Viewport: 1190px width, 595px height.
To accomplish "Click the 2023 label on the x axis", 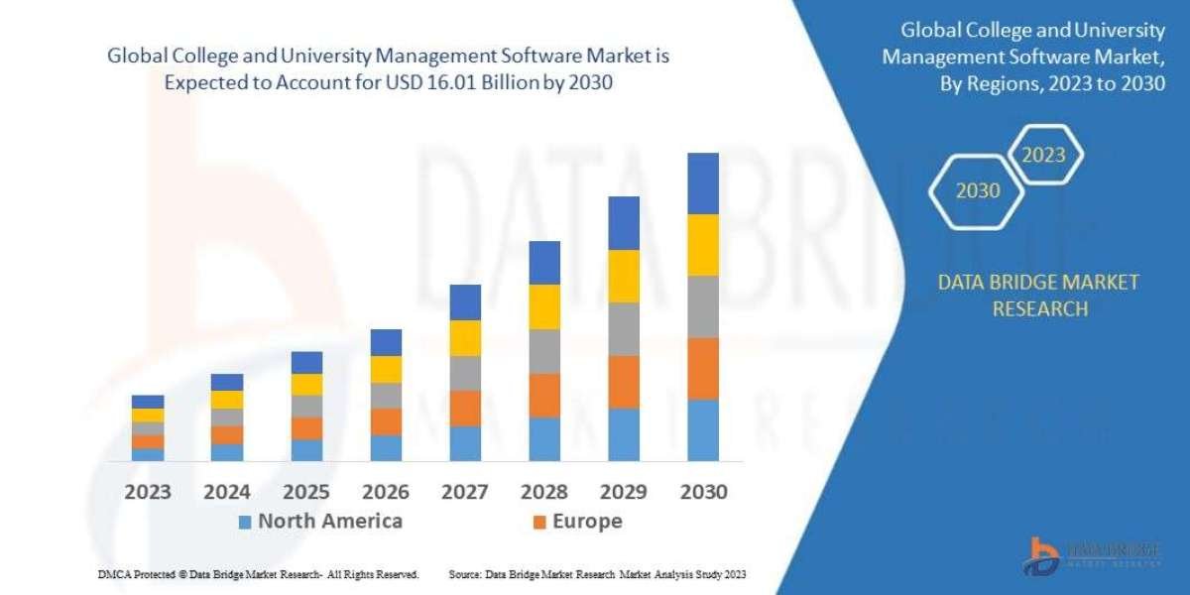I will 148,492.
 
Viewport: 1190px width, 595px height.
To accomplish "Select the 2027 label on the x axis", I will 465,492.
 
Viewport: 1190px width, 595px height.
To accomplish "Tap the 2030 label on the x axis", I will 703,492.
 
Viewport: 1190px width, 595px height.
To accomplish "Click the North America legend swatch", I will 245,522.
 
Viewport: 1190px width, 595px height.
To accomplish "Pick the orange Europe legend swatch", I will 539,522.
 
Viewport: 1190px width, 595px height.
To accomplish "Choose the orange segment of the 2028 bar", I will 544,395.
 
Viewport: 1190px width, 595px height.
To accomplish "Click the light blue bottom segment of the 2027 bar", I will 465,443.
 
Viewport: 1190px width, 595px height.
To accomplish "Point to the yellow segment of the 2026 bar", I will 386,369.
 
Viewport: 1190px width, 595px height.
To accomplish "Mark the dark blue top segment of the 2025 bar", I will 306,362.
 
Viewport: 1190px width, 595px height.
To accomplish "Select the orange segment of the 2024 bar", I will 227,434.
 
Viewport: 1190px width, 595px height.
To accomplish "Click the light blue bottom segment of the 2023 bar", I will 148,454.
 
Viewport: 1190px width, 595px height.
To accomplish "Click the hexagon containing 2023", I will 1043,156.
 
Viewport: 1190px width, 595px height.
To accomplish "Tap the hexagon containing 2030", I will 977,190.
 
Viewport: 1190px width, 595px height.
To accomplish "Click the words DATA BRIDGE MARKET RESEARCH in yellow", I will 1038,296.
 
